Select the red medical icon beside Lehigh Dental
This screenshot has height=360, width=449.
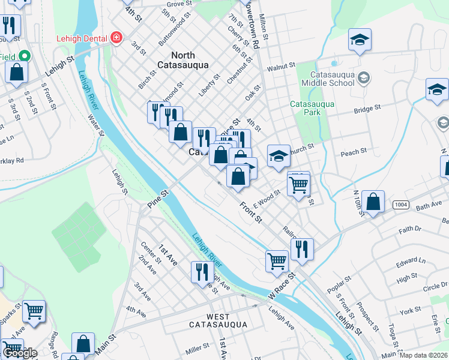[x=115, y=38]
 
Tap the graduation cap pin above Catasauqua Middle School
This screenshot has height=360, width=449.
[x=360, y=40]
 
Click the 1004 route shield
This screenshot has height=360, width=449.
[x=402, y=205]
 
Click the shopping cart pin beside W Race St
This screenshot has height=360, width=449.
[x=277, y=260]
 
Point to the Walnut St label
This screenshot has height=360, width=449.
[x=282, y=67]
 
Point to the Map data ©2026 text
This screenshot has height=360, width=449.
[x=423, y=355]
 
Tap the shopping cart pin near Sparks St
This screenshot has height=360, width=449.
[x=34, y=311]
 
